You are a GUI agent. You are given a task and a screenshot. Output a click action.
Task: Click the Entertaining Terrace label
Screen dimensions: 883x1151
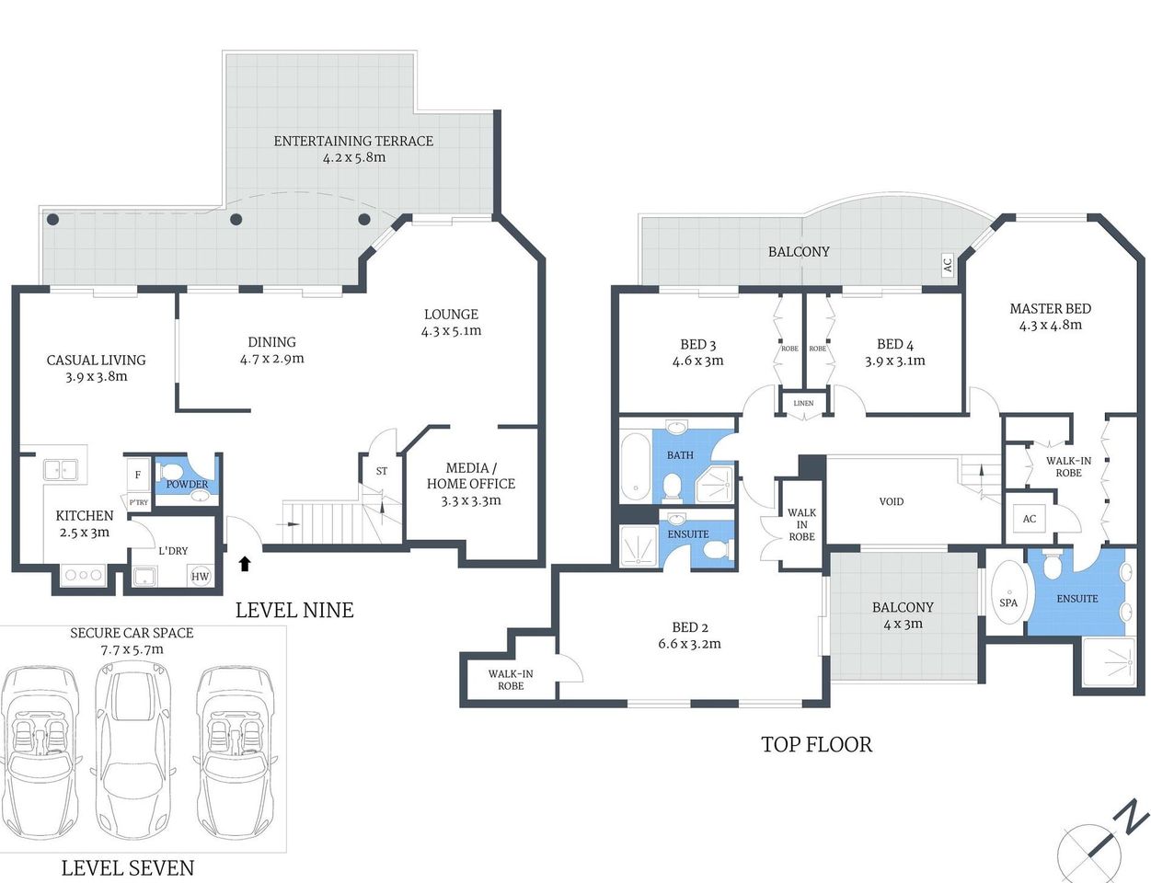coord(353,141)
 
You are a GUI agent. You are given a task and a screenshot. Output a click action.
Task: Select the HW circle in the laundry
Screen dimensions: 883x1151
coord(200,577)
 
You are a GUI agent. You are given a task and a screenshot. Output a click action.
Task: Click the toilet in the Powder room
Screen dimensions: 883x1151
coord(173,474)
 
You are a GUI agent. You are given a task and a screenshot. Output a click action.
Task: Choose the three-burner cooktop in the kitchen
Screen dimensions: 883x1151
coord(83,576)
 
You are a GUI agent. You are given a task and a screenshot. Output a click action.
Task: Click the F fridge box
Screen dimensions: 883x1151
coord(138,475)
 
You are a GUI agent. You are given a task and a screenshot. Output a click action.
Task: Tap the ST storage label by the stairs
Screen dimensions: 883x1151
coord(381,471)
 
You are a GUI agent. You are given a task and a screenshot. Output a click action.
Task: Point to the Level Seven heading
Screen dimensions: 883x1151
coord(127,867)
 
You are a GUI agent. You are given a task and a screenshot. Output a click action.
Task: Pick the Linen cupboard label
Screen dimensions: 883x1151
coord(803,403)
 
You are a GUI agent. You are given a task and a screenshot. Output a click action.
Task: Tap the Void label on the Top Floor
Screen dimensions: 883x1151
coord(891,501)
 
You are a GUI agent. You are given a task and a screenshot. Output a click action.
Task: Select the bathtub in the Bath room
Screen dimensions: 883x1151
coord(635,466)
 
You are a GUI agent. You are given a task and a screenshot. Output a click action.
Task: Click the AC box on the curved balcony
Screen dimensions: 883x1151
coord(947,265)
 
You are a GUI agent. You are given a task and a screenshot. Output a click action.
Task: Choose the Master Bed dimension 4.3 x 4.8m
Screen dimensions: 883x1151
coord(1050,325)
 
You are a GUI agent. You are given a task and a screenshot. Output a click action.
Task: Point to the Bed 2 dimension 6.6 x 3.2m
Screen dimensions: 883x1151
coord(689,644)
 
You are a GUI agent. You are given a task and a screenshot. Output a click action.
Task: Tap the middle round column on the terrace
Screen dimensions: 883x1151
coord(236,220)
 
